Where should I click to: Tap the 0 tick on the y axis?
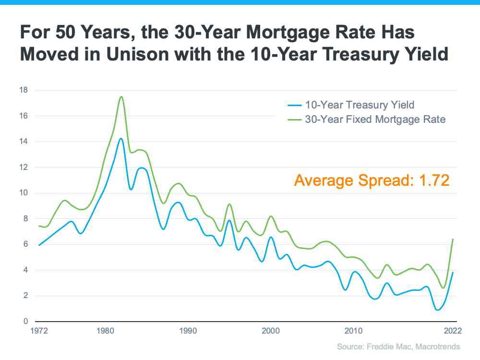(26, 322)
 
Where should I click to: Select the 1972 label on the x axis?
(38, 331)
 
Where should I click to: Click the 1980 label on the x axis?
(105, 331)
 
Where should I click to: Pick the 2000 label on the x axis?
(271, 331)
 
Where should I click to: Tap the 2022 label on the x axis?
(453, 331)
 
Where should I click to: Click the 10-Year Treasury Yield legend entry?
(360, 104)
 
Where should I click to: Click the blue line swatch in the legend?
(294, 104)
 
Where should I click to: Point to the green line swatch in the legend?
(294, 120)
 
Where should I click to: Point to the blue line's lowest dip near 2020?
(437, 310)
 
